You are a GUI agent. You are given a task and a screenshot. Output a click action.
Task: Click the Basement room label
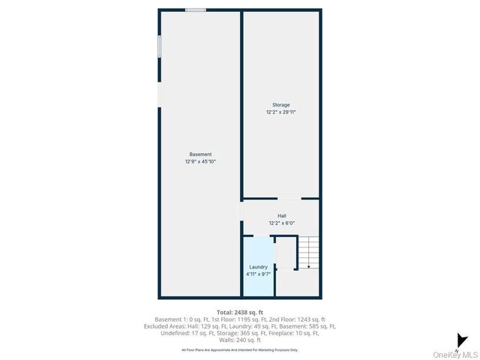[199, 154]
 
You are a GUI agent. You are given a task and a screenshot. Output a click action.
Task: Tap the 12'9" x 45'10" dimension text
[199, 161]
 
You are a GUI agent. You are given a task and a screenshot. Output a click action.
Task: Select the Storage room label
[280, 105]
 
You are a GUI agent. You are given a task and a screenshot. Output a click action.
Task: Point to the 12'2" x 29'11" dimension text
[280, 112]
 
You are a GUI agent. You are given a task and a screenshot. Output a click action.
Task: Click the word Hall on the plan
[281, 216]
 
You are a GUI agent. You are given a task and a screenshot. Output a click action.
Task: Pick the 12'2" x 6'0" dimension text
[281, 223]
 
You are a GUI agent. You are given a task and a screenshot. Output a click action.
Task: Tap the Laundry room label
[258, 267]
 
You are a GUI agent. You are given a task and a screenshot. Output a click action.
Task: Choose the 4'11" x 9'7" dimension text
[258, 274]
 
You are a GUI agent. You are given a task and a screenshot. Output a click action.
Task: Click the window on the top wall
[196, 10]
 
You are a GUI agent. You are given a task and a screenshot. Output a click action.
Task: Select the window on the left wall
[159, 46]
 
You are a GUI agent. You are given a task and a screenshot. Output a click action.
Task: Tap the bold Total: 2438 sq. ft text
[239, 312]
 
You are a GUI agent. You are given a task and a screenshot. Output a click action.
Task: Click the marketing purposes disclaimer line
[239, 349]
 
